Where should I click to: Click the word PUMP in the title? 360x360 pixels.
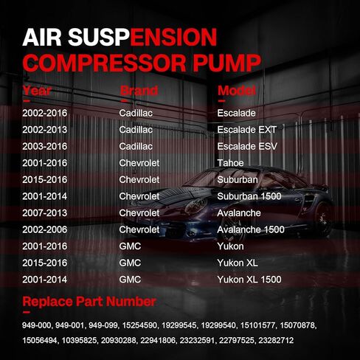[226, 63]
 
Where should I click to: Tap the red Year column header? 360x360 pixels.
[37, 91]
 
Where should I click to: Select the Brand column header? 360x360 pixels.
[139, 91]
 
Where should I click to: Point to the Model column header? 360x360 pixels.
[237, 91]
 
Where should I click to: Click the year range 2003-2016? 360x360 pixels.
[45, 146]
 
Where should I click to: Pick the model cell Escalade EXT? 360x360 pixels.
[247, 130]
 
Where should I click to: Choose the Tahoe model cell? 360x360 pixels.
[230, 163]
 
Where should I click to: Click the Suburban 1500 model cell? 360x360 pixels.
[249, 196]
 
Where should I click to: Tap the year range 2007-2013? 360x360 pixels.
[45, 213]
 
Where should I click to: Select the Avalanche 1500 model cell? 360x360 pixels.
[251, 229]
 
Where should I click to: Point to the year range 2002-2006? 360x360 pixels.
[45, 229]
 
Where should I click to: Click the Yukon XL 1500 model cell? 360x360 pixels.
[249, 280]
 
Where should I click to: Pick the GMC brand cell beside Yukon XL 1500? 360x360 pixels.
[130, 280]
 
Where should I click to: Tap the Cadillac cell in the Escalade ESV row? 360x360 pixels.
[136, 146]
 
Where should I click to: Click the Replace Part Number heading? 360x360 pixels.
[89, 302]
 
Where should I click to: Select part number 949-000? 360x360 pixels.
[36, 325]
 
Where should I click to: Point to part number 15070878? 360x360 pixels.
[297, 325]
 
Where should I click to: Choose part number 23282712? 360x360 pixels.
[276, 340]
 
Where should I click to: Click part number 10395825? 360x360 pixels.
[79, 340]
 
